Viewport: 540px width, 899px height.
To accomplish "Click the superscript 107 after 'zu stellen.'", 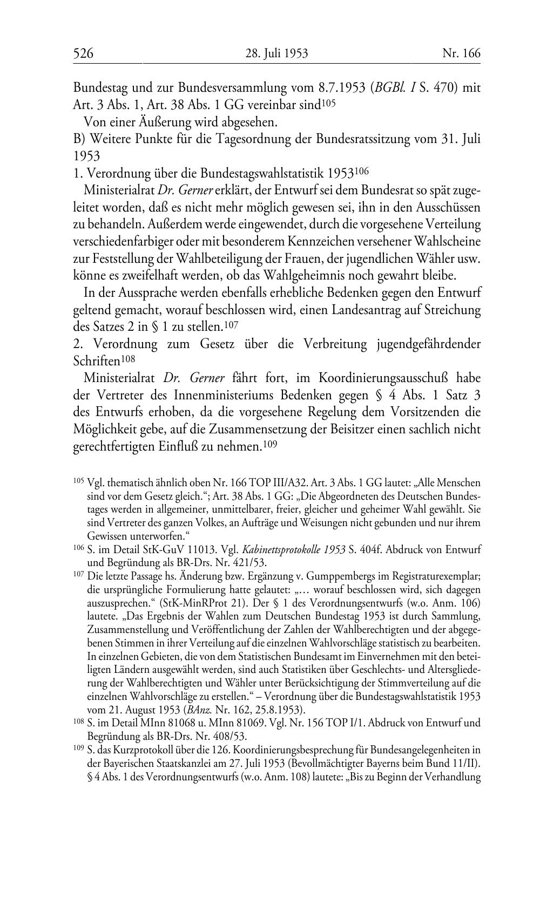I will coord(231,326).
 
